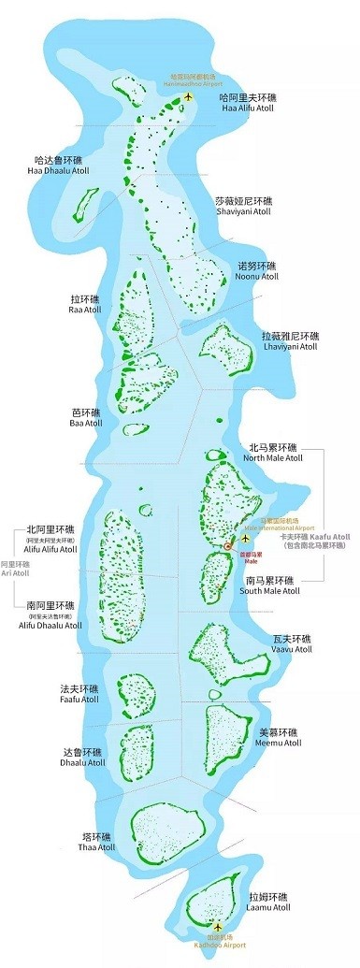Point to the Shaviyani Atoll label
point(243,207)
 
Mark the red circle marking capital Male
point(228,545)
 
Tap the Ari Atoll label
point(15,571)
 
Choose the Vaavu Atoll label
point(293,643)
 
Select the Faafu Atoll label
point(79,694)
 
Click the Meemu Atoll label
point(280,738)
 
